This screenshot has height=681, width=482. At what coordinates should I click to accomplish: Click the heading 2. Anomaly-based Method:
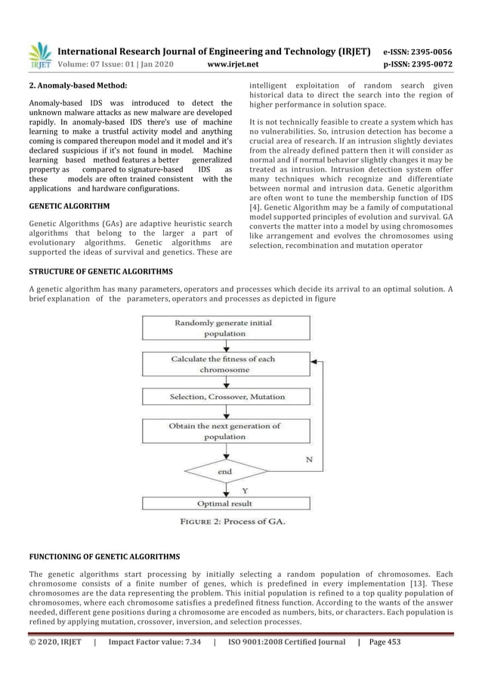pos(77,86)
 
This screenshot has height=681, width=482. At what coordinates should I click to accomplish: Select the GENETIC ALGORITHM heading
pos(69,206)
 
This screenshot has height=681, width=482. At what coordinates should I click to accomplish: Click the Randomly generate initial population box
pos(224,328)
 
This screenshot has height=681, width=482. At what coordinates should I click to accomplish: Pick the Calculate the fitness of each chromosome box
pos(224,365)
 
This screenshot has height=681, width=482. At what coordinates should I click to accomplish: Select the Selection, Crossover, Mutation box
pos(224,397)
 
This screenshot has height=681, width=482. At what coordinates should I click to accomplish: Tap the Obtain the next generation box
pos(224,432)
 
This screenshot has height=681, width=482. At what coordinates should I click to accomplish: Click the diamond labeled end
pos(224,471)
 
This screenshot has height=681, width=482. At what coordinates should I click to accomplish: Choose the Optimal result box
pos(224,503)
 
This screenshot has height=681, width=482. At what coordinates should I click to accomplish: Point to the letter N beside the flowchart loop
pos(309,459)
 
